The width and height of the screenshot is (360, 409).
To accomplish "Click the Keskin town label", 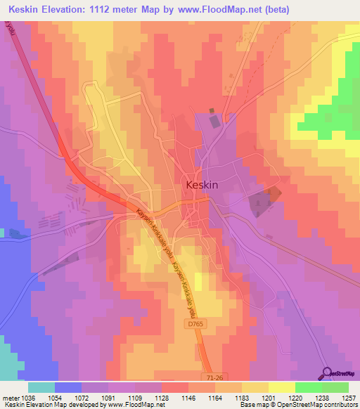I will pos(205,186).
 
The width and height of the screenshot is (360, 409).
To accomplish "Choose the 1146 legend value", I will pos(188,398).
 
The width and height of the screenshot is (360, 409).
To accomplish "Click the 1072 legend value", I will pos(82,398).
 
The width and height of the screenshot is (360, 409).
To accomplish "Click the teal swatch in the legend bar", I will pos(41,387).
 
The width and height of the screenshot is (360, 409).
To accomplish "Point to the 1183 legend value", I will pos(242,398).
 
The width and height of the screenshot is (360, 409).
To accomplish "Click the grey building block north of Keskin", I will pos(214,122).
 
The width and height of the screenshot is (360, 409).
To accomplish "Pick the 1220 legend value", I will pos(295,398).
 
